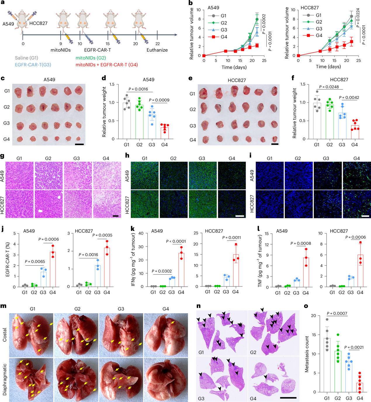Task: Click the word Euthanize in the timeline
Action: tap(157, 50)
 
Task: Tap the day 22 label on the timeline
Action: tap(157, 43)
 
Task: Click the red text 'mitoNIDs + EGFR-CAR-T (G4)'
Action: tap(107, 65)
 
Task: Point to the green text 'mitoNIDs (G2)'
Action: tap(91, 58)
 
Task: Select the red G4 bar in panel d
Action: tap(165, 133)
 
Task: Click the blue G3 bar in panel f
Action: tap(342, 126)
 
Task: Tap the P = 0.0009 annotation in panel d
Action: tap(159, 100)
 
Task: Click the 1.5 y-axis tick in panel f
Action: tap(303, 84)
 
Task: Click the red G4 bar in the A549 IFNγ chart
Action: tap(181, 270)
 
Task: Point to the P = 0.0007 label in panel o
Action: tap(337, 313)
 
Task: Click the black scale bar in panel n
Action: tap(288, 398)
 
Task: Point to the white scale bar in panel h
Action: tap(239, 216)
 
